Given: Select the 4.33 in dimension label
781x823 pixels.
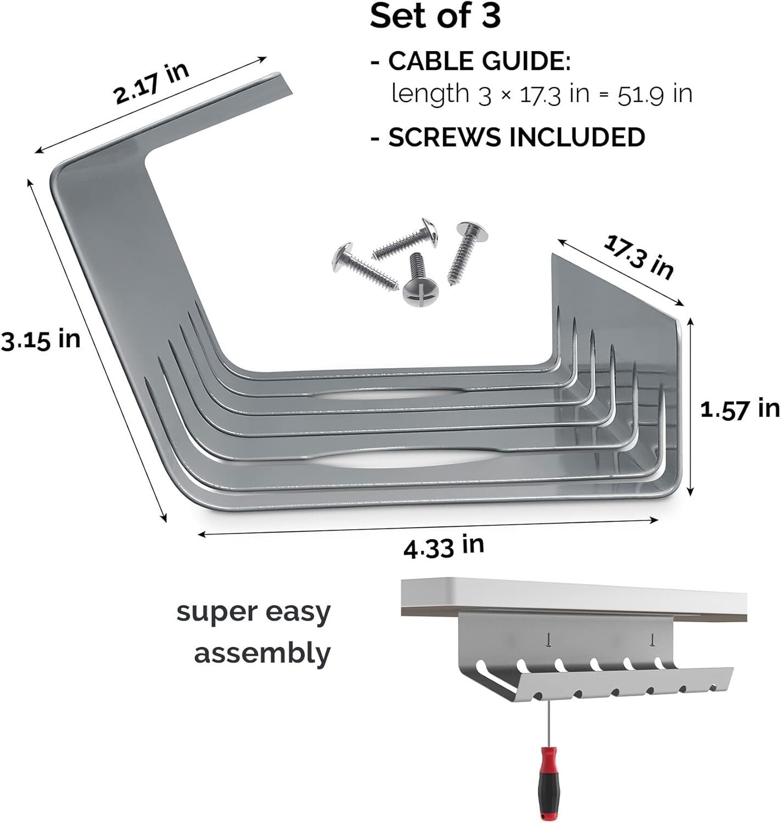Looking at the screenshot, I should click(x=443, y=547).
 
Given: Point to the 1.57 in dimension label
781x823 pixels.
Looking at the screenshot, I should click(x=739, y=409).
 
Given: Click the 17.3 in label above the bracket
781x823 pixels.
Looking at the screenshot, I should click(x=638, y=256).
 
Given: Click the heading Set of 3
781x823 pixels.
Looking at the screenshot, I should click(x=435, y=16).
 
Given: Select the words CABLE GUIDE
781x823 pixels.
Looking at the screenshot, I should click(x=479, y=61).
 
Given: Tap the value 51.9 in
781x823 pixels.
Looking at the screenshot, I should click(x=655, y=95).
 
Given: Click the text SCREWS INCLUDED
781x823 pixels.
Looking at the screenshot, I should click(x=516, y=137).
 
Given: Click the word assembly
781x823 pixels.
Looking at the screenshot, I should click(x=262, y=654).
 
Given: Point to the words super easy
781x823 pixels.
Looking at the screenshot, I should click(x=254, y=612).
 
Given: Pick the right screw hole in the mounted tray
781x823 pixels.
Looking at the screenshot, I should click(x=652, y=639).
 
